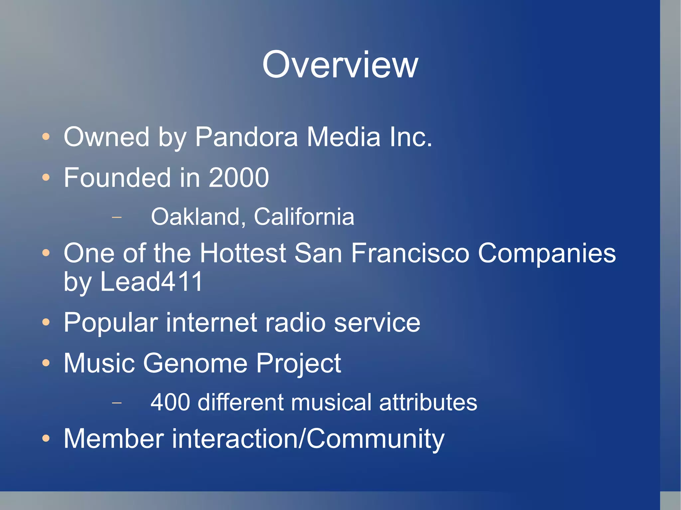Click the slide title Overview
(x=340, y=65)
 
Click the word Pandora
(x=246, y=137)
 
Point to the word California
(x=304, y=217)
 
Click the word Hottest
(x=243, y=253)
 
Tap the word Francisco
(x=410, y=253)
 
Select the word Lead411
(x=151, y=282)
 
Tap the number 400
(x=170, y=402)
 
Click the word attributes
(x=428, y=402)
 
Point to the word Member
(x=114, y=439)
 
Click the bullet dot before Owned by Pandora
(x=46, y=137)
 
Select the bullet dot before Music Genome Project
(x=46, y=363)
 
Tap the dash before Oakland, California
(x=117, y=218)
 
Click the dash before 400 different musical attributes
(x=117, y=403)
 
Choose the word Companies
(x=547, y=253)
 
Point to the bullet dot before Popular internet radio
(x=46, y=322)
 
